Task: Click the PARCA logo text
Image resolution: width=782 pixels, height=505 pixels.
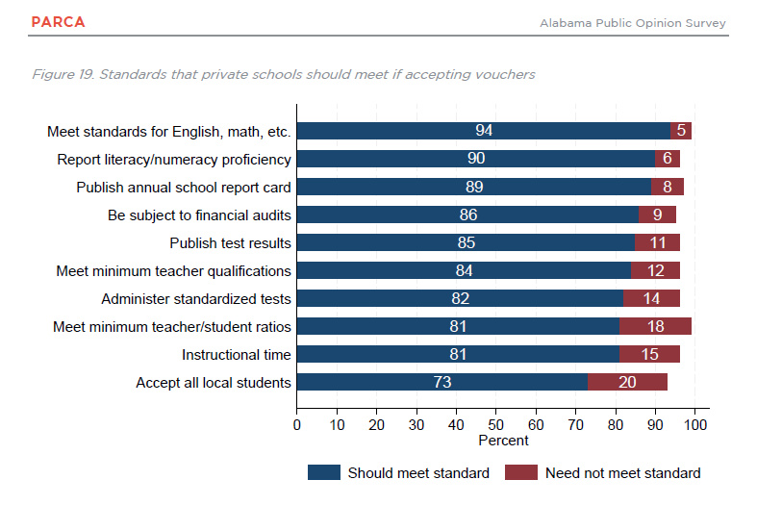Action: [58, 22]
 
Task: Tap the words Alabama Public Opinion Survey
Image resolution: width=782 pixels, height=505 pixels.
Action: [632, 23]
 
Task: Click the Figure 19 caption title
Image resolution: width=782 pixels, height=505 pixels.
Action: [284, 74]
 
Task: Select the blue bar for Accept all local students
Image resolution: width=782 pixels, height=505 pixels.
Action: [442, 382]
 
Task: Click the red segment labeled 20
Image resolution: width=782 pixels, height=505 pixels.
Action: [627, 382]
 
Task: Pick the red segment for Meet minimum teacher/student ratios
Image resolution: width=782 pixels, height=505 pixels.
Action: [655, 326]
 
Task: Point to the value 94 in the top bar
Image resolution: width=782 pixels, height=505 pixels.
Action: [484, 130]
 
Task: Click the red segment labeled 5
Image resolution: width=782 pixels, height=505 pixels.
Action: [681, 131]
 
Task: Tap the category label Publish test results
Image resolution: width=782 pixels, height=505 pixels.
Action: [230, 243]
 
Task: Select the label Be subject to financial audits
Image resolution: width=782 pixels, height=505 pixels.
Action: [199, 215]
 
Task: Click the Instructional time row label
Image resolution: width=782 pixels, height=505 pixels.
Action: [236, 354]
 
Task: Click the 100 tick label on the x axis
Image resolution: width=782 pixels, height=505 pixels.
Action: [695, 425]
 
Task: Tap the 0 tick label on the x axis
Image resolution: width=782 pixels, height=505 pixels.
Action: [297, 425]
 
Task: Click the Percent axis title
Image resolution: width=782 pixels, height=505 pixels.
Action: [503, 441]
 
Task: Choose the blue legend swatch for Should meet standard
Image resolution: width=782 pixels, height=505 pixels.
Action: [324, 472]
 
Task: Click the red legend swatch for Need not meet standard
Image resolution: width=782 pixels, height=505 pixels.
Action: [521, 472]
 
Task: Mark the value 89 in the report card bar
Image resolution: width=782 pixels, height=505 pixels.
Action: [474, 187]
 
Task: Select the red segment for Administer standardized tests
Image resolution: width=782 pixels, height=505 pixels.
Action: [651, 298]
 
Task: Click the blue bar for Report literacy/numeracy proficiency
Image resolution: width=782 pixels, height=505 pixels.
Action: [476, 159]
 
